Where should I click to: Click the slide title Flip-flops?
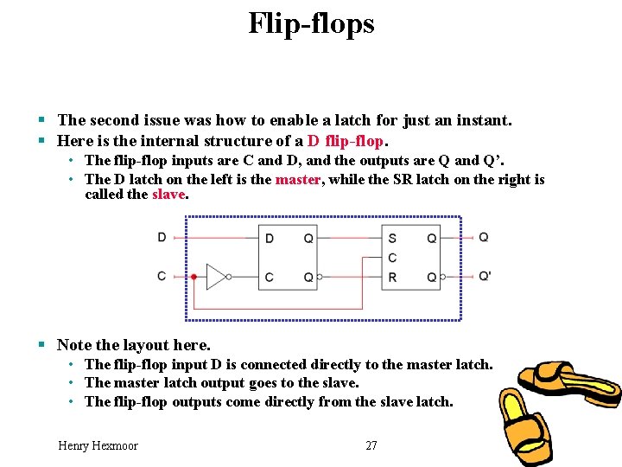point(311,23)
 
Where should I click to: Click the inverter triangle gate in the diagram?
point(216,277)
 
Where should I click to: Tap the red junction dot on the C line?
point(194,277)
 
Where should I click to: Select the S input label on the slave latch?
point(392,238)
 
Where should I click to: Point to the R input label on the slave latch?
point(392,277)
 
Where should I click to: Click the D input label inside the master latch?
point(270,238)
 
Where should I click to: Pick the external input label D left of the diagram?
point(162,237)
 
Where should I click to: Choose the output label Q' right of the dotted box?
point(485,277)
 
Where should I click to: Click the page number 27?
point(371,445)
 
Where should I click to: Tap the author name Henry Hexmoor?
point(98,445)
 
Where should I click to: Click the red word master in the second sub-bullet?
point(297,179)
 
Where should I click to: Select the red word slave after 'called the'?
point(168,194)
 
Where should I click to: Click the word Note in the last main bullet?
point(74,345)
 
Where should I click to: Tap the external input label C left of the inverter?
point(162,276)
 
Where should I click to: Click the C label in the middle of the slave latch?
point(392,258)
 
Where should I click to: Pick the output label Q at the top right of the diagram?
point(484,237)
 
